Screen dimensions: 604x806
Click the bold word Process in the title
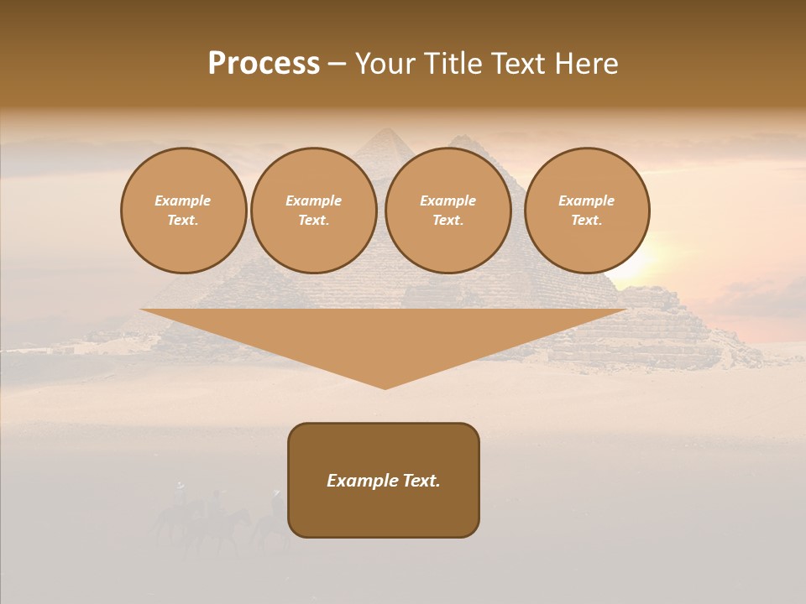click(264, 64)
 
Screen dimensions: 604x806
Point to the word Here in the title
click(588, 64)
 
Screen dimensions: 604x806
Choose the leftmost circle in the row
click(183, 211)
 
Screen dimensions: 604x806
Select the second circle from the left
click(314, 211)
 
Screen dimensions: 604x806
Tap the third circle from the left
click(448, 211)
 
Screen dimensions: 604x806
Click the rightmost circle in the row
click(587, 211)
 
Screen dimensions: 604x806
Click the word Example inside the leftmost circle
click(183, 200)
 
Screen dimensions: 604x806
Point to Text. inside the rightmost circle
click(587, 221)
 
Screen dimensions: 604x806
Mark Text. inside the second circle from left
click(314, 221)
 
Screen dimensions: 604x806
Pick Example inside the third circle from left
click(448, 200)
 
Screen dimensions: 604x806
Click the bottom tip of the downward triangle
click(385, 387)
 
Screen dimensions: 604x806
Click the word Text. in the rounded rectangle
click(420, 481)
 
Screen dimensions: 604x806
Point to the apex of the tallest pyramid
click(385, 129)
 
